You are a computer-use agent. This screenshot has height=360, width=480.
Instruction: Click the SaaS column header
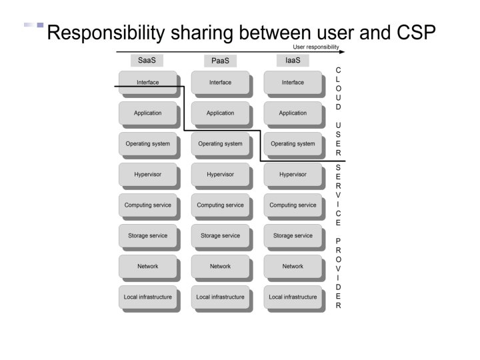click(x=147, y=60)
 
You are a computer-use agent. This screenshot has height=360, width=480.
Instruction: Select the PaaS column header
click(x=220, y=61)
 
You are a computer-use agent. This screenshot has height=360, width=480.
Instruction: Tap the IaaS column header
click(x=293, y=60)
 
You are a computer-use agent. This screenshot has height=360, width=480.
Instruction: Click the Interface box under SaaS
click(x=147, y=83)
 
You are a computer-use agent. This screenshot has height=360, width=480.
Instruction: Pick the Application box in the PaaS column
click(x=220, y=113)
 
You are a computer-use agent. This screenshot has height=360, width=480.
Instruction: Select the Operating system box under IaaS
click(x=293, y=144)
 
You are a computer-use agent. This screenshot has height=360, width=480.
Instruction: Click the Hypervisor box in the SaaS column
click(x=147, y=175)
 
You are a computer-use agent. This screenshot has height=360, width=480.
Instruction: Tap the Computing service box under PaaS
click(x=220, y=205)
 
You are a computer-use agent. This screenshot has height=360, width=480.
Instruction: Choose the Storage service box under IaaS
click(x=293, y=236)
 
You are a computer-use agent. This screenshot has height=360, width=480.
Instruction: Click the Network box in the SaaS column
click(x=147, y=267)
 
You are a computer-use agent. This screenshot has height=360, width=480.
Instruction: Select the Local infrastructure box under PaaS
click(x=220, y=297)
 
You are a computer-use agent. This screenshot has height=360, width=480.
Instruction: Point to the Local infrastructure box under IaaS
click(x=293, y=297)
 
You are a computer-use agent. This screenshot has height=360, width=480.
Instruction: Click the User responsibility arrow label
click(x=316, y=47)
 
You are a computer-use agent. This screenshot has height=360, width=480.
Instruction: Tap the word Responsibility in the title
click(x=106, y=31)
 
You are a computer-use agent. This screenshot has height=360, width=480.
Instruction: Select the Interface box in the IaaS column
click(x=293, y=83)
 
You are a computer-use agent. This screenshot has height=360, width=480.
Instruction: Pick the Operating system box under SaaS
click(x=147, y=144)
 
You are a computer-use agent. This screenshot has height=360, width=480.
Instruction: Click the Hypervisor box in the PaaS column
click(x=220, y=175)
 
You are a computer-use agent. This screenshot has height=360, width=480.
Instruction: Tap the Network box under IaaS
click(x=293, y=267)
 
